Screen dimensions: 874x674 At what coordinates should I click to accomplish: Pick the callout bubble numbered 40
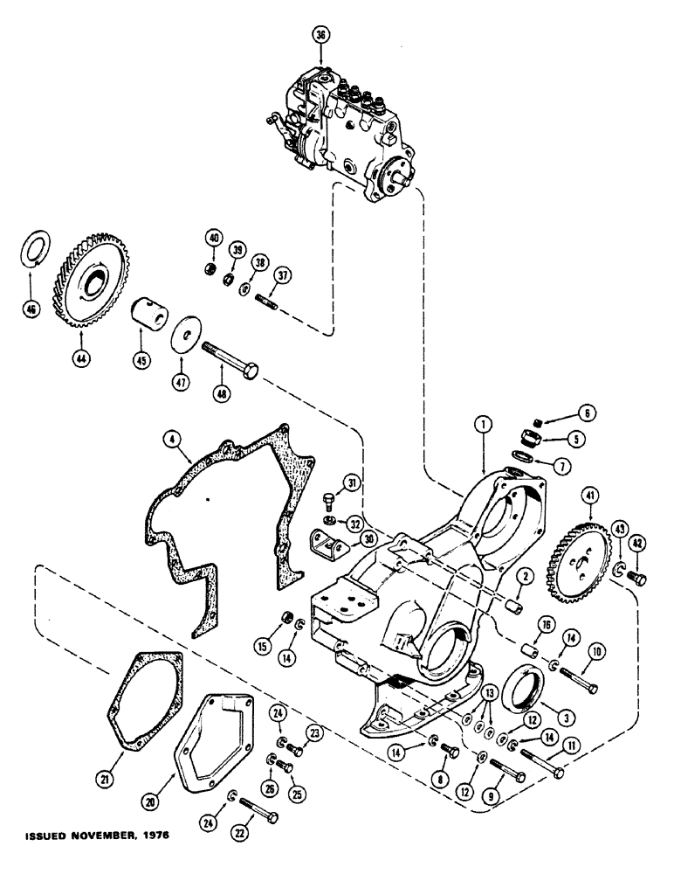[212, 236]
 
